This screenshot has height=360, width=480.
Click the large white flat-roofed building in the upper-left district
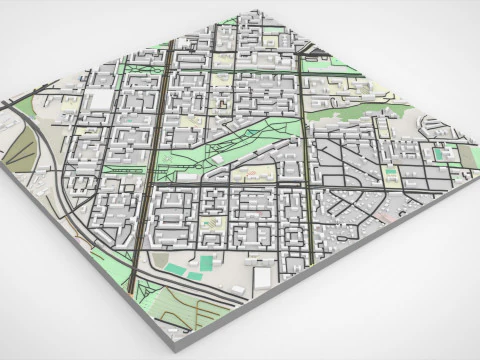coord(101,100)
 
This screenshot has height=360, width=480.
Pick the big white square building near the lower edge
coord(262,275)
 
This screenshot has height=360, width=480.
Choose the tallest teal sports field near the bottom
coord(205,262)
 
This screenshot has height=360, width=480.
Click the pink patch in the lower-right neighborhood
coord(386,215)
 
